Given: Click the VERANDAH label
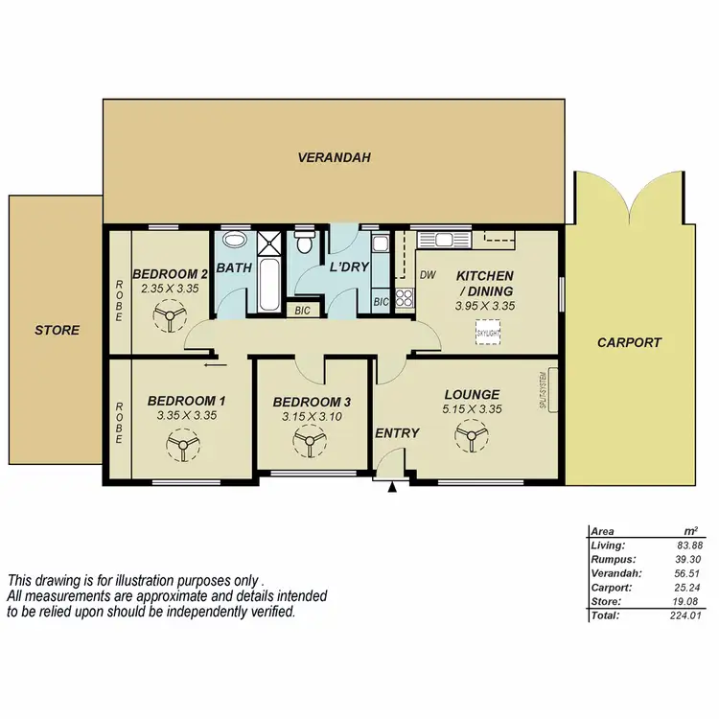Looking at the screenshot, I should point(334,157).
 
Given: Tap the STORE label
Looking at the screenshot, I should point(58,330).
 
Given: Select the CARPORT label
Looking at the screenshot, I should point(629,342).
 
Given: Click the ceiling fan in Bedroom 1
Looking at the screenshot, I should point(180,444).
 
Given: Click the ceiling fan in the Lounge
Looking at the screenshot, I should point(471,438).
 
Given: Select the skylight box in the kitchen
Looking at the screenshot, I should point(489,331).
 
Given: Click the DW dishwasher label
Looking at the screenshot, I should point(429,275).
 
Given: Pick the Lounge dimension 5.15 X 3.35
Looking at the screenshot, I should point(472,409).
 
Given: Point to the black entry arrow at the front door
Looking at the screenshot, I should point(391,489).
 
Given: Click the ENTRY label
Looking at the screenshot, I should point(397,433).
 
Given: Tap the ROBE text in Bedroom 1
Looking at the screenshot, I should point(120,422).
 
